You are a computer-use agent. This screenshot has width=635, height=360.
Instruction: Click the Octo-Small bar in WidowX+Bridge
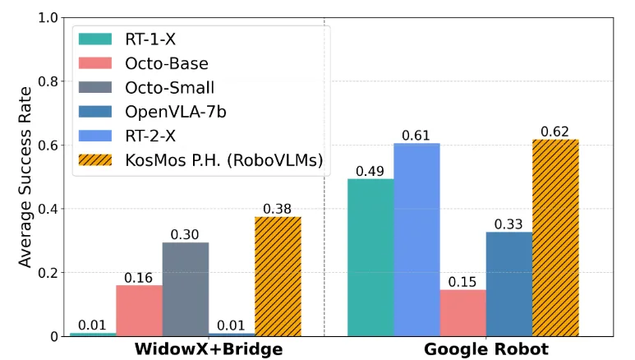tap(185, 288)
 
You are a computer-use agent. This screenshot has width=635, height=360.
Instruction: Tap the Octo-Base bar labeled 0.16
tap(139, 311)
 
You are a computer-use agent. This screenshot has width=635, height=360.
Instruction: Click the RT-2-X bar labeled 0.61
tap(416, 239)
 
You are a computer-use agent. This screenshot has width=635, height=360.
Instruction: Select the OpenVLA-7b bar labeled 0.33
tap(509, 284)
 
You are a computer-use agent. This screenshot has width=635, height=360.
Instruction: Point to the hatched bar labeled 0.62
tap(555, 238)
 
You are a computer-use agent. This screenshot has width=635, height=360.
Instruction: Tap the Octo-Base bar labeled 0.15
tap(463, 312)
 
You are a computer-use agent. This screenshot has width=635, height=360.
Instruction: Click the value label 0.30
tap(185, 234)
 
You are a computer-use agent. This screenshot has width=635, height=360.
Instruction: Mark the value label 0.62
tap(555, 132)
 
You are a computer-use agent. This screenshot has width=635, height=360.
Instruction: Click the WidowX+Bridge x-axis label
tap(209, 349)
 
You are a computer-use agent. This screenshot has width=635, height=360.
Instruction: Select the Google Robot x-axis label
tap(486, 349)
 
